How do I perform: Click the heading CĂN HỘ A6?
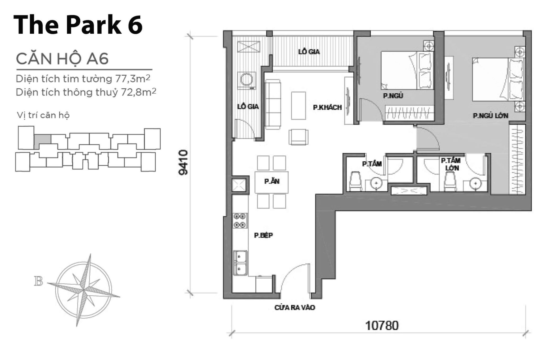pyautogui.click(x=62, y=59)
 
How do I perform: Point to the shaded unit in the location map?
pyautogui.click(x=42, y=139)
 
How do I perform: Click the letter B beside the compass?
pyautogui.click(x=39, y=281)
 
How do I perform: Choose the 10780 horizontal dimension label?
pyautogui.click(x=382, y=326)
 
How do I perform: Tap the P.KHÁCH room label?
pyautogui.click(x=327, y=107)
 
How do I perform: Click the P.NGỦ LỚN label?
pyautogui.click(x=490, y=116)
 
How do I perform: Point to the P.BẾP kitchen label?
pyautogui.click(x=264, y=235)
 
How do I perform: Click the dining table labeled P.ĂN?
pyautogui.click(x=271, y=182)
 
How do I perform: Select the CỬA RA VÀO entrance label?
pyautogui.click(x=294, y=307)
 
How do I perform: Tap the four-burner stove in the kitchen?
pyautogui.click(x=240, y=220)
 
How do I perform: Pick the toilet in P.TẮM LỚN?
pyautogui.click(x=450, y=181)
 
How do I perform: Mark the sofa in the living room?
pyautogui.click(x=273, y=104)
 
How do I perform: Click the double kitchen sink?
pyautogui.click(x=241, y=263)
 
